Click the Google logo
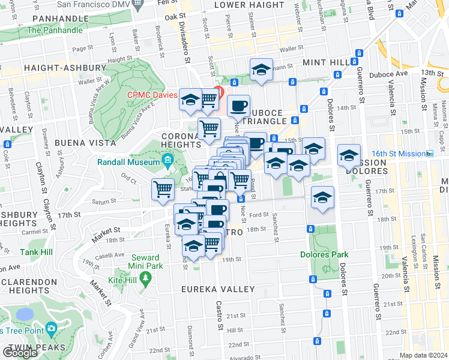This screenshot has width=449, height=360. [20, 353]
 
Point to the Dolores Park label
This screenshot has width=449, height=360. [324, 254]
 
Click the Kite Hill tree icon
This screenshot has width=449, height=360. [145, 278]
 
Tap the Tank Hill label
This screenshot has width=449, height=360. [36, 253]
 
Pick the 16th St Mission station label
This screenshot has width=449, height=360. [402, 154]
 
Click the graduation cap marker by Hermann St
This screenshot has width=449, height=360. [261, 69]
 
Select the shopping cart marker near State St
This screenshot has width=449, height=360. [163, 190]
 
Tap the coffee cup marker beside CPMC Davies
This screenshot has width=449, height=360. [239, 105]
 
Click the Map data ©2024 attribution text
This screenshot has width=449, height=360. [424, 355]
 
